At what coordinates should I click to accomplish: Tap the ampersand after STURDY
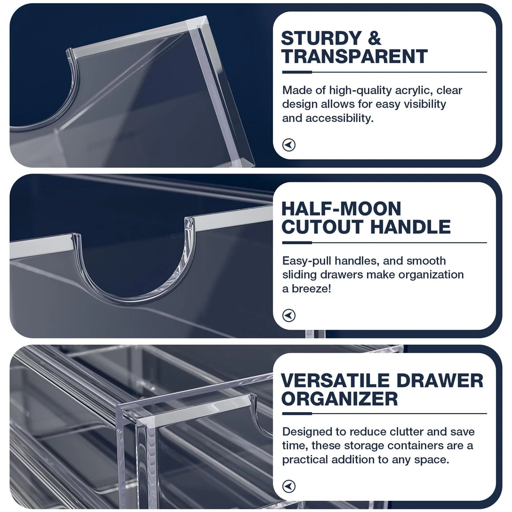(374, 38)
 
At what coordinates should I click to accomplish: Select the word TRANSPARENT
(355, 56)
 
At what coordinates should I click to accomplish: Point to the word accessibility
(339, 118)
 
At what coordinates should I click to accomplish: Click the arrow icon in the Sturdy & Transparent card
(289, 145)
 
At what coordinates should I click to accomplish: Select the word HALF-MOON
(341, 209)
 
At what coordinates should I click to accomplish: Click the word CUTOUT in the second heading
(323, 227)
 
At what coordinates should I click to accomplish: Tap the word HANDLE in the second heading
(411, 227)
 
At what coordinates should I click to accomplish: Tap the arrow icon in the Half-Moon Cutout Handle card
(289, 315)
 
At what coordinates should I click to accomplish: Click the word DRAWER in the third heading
(439, 380)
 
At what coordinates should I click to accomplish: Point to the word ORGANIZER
(339, 399)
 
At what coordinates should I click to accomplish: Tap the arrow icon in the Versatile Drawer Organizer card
(289, 486)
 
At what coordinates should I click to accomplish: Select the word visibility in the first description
(425, 104)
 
